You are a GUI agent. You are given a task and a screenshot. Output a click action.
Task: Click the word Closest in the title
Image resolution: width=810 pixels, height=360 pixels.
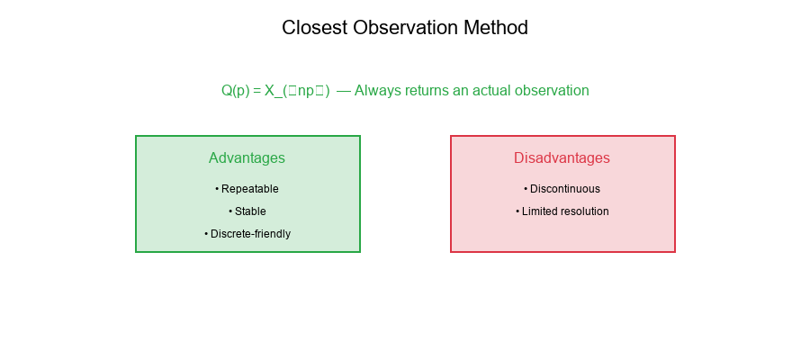point(313,28)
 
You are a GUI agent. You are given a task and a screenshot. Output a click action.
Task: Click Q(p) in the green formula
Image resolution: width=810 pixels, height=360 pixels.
point(236,91)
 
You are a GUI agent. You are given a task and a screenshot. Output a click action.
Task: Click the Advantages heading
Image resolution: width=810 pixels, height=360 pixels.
point(247,158)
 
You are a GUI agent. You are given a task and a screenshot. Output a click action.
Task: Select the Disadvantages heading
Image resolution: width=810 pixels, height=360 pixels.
point(562,158)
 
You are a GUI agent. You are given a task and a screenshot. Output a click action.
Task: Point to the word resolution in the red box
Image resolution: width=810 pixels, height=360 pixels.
point(583,211)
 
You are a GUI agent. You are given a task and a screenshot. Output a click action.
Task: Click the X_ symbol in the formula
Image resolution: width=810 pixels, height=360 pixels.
point(273,91)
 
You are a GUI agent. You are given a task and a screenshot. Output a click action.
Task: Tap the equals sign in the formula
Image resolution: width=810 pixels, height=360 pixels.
point(256,91)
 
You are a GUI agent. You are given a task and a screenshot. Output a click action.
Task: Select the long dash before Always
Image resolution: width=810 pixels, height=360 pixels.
point(344,91)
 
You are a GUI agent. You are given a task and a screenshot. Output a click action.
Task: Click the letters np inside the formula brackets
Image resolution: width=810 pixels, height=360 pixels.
point(306,91)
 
